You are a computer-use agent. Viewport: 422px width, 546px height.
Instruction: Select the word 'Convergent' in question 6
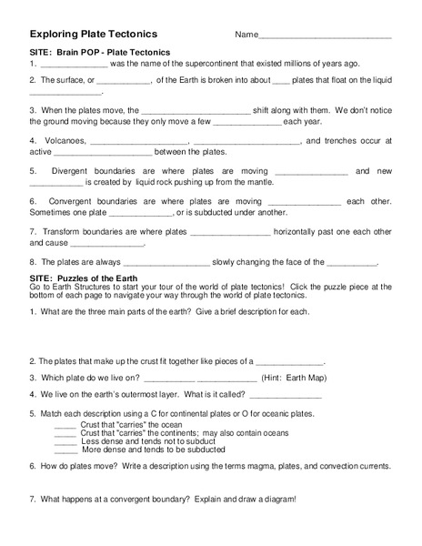coord(78,200)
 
